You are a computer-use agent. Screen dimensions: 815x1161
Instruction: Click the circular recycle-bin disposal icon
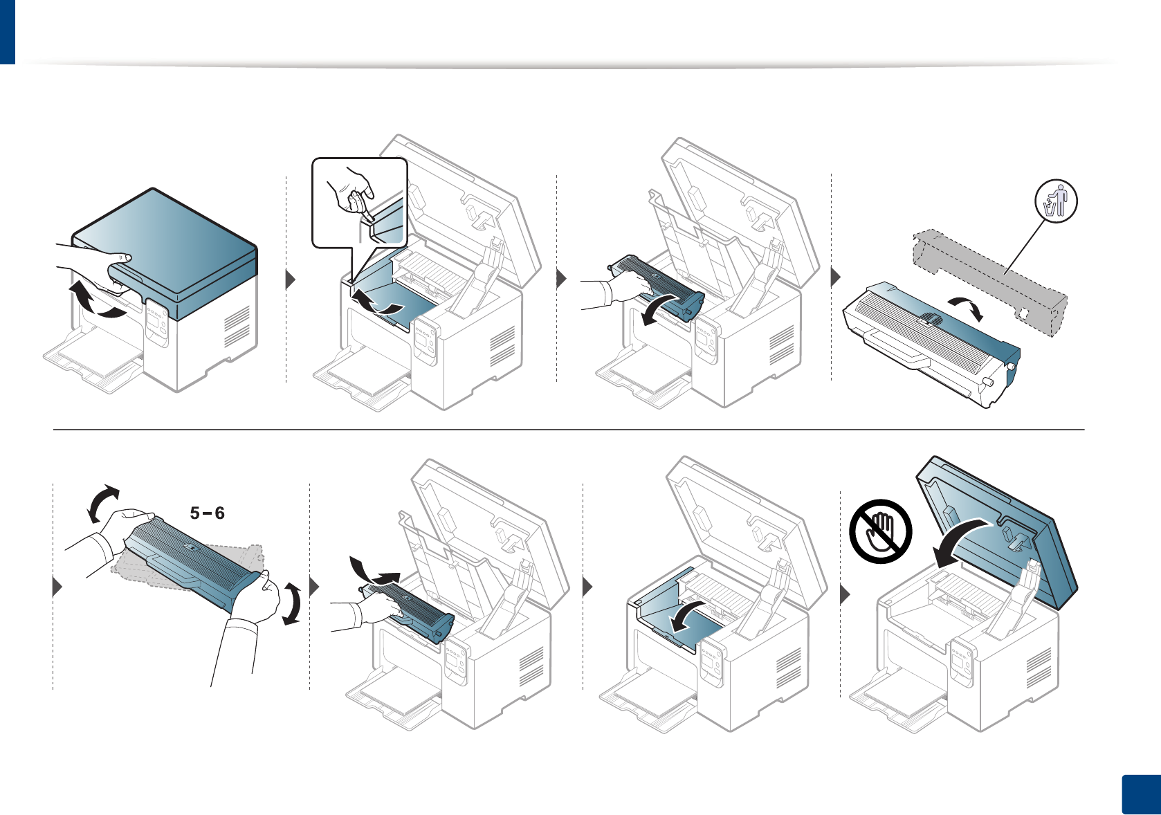click(1056, 201)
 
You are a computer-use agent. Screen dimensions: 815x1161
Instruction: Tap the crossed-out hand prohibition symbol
click(881, 531)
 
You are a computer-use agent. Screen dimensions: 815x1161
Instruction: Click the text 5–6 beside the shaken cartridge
click(208, 513)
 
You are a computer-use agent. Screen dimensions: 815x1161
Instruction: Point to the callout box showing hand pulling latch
click(359, 202)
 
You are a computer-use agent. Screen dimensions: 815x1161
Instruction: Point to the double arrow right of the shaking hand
click(292, 603)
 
